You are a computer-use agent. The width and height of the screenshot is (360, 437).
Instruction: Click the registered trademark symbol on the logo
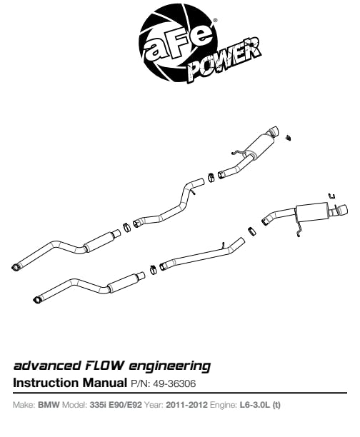pyautogui.click(x=215, y=20)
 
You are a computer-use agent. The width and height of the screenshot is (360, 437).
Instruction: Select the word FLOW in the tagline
pyautogui.click(x=104, y=365)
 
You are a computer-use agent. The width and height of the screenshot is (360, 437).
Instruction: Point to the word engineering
pyautogui.click(x=169, y=366)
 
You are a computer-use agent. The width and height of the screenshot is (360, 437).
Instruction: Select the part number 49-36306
pyautogui.click(x=174, y=383)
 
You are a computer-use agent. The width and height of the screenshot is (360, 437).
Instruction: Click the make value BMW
pyautogui.click(x=49, y=405)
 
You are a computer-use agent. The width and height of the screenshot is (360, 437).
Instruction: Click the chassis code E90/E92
pyautogui.click(x=125, y=405)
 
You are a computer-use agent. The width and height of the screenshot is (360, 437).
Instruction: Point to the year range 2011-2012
pyautogui.click(x=187, y=405)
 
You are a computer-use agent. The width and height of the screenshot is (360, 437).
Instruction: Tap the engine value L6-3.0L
pyautogui.click(x=255, y=405)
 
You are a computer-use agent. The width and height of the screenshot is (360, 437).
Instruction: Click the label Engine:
pyautogui.click(x=224, y=405)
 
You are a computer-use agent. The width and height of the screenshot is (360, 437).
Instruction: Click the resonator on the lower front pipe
pyautogui.click(x=122, y=283)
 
